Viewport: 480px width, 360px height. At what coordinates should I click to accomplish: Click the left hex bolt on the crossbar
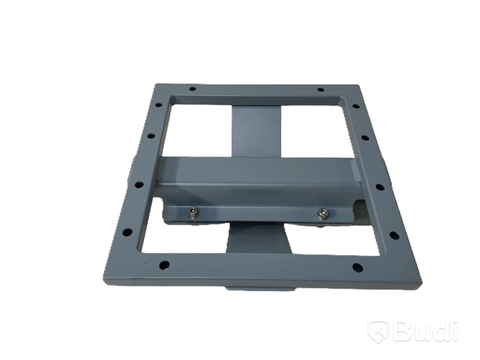(x=193, y=213)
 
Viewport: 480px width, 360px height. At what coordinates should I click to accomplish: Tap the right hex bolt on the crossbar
(x=322, y=214)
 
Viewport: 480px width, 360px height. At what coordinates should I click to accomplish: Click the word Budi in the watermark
(x=425, y=331)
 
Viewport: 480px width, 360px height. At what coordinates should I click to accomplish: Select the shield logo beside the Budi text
(x=379, y=331)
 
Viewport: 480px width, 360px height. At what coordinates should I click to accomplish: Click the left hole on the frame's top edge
(x=193, y=89)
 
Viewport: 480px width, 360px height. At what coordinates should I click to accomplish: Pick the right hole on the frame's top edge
(x=320, y=89)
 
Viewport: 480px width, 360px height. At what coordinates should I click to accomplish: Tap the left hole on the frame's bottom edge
(x=164, y=265)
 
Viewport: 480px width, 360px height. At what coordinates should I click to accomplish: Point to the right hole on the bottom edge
(x=358, y=267)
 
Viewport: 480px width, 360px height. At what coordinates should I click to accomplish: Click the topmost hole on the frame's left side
(x=158, y=104)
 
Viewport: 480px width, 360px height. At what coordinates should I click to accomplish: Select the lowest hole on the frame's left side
(x=127, y=232)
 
